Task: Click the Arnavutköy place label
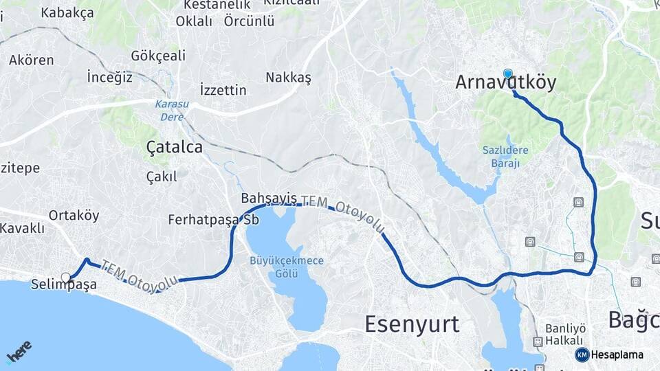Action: pyautogui.click(x=505, y=83)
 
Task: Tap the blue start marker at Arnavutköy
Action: pyautogui.click(x=507, y=74)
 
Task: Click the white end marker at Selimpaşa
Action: pyautogui.click(x=66, y=278)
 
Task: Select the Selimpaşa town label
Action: pyautogui.click(x=64, y=285)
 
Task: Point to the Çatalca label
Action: pyautogui.click(x=175, y=147)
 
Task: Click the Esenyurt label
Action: pyautogui.click(x=412, y=324)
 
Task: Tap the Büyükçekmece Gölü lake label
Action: pyautogui.click(x=287, y=267)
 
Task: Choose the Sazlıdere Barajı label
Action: pyautogui.click(x=505, y=157)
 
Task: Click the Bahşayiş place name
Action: pyautogui.click(x=269, y=199)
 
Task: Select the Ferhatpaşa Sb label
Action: pyautogui.click(x=208, y=221)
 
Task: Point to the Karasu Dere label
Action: pyautogui.click(x=171, y=110)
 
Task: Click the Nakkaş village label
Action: pyautogui.click(x=288, y=78)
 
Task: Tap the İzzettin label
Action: pyautogui.click(x=223, y=90)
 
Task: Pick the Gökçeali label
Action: pyautogui.click(x=158, y=55)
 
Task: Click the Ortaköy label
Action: pyautogui.click(x=74, y=215)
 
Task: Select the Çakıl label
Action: pyautogui.click(x=162, y=177)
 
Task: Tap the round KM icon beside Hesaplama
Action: pyautogui.click(x=582, y=355)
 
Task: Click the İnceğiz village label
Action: pyautogui.click(x=109, y=77)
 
